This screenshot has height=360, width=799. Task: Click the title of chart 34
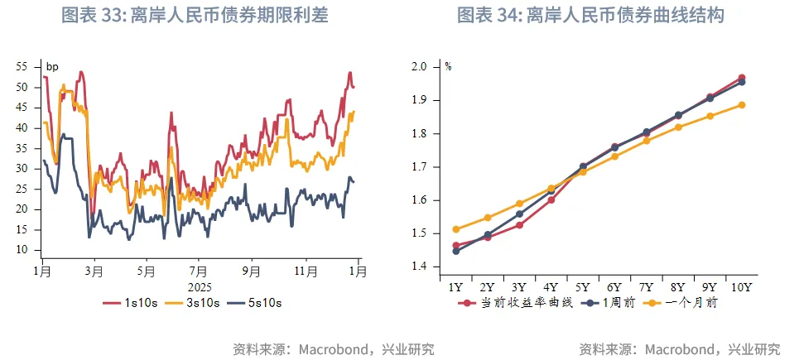[x=595, y=15]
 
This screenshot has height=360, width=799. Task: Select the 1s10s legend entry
[x=131, y=304]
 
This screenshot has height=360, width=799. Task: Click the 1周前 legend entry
[x=608, y=303]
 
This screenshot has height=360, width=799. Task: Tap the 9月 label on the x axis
[x=252, y=271]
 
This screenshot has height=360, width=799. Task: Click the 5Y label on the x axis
[x=583, y=287]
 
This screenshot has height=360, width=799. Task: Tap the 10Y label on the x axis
[x=741, y=287]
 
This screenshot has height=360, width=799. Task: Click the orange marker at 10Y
[x=741, y=105]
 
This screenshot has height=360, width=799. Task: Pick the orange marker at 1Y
[x=456, y=229]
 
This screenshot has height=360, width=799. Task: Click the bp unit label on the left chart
[x=51, y=67]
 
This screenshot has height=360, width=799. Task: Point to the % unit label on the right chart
[x=448, y=67]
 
